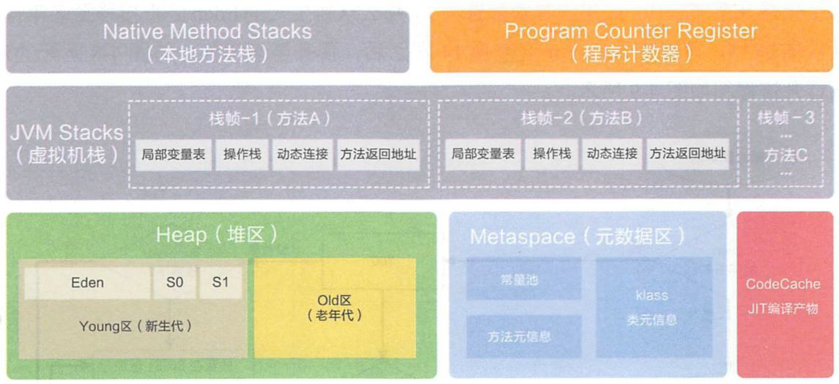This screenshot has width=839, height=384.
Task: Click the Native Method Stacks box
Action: pos(207,42)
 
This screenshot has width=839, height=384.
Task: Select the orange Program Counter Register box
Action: pos(631,42)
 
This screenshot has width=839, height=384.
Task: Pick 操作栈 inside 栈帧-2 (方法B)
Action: pos(552,155)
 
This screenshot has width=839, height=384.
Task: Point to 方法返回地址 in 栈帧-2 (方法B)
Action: pos(687,155)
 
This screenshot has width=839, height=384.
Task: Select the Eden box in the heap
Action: pos(86,283)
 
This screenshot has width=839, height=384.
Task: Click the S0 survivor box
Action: pos(174,283)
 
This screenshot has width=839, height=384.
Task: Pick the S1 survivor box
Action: pos(221,283)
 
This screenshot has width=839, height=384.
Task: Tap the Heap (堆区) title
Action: pos(217,235)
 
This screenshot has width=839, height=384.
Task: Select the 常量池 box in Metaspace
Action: pos(524,279)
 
